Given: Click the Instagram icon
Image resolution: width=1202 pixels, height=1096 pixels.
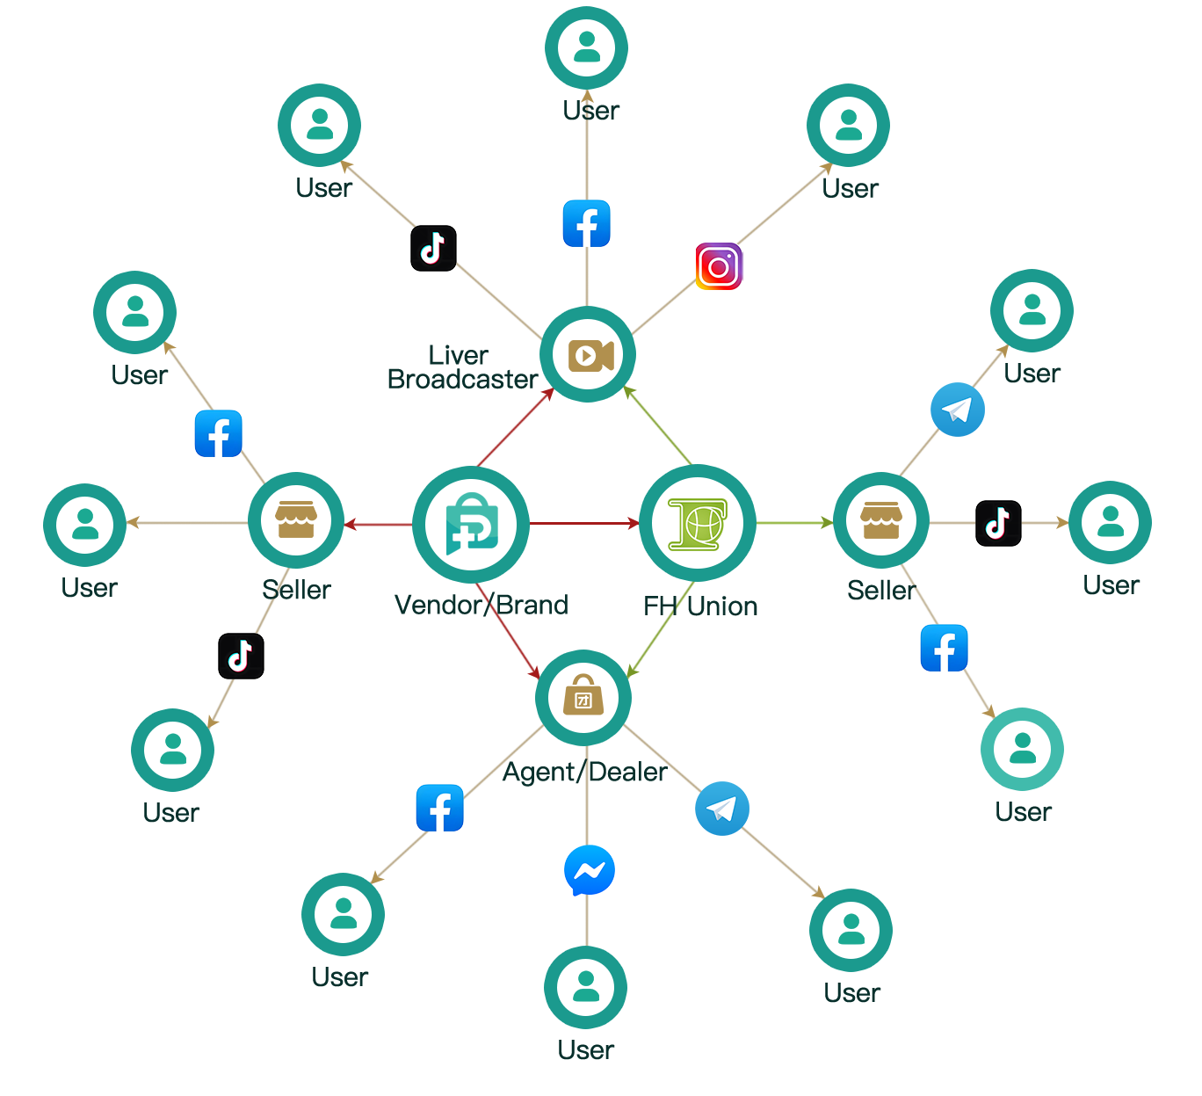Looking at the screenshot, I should pos(719,266).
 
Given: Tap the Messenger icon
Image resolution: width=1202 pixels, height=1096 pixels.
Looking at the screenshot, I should pos(589,870).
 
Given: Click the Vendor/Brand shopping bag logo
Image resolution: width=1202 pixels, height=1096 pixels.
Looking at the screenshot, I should pos(471,525).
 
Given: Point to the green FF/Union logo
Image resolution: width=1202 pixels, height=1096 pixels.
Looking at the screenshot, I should pos(698,525).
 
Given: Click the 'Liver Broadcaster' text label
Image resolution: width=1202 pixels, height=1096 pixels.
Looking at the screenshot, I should pos(460,367).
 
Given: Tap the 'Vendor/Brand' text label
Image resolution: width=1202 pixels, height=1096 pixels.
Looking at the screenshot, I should pos(481,605).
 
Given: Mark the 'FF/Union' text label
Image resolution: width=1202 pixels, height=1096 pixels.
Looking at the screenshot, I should pos(700,606).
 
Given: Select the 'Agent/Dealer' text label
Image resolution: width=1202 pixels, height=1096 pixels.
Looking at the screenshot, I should pos(584,773).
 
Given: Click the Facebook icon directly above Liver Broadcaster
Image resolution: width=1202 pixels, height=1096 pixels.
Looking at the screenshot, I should pos(586,223).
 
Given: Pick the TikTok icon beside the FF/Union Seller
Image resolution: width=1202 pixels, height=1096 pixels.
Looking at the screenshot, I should pos(998,523).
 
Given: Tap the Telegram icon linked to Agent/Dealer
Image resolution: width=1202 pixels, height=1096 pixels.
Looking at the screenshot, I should pos(722,809).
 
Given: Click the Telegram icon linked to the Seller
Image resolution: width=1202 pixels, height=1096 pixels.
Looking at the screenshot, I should pos(957,410).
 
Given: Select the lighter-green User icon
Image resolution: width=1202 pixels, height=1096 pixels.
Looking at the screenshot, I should pos(1021,749).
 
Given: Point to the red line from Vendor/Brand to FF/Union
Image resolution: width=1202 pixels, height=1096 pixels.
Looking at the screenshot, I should pos(580,524).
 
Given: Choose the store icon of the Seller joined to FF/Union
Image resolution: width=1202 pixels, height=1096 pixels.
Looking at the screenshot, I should pos(880,520).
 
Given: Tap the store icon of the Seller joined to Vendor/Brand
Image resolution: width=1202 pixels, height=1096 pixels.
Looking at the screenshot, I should pos(295,520).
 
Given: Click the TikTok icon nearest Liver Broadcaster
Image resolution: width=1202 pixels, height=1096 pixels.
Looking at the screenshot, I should pos(433,248).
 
